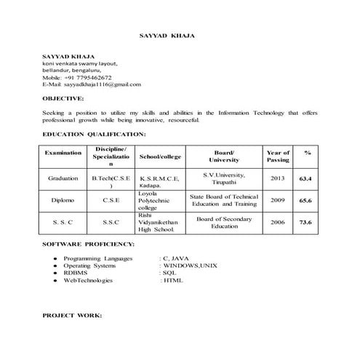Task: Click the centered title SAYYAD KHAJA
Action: pos(167,35)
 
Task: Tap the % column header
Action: pos(307,153)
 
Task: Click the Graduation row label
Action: pos(63,178)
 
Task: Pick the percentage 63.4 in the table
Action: pos(307,178)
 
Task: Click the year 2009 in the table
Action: pos(278,200)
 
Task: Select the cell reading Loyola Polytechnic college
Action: pos(155,200)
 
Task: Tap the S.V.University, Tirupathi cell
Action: pos(225,178)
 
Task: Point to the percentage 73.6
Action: pos(307,222)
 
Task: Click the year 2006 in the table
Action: pos(278,222)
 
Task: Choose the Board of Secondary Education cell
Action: pos(225,222)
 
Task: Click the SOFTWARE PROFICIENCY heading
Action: pos(88,243)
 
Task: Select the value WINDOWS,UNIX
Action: pos(189,265)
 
